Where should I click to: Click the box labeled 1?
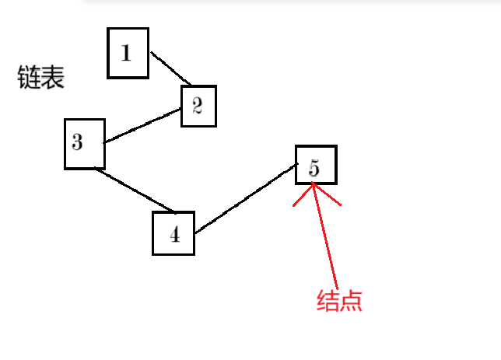[128, 53]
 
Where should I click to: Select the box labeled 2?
[198, 106]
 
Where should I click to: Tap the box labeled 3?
[84, 143]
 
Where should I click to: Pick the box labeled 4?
[173, 232]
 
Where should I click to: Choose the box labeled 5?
[316, 165]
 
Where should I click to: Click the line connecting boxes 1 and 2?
[170, 68]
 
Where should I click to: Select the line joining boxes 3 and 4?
[133, 189]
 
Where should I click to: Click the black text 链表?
[40, 78]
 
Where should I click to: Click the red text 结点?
[340, 301]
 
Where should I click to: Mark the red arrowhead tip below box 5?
[313, 185]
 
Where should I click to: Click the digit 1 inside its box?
[126, 53]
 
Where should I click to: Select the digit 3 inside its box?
[77, 142]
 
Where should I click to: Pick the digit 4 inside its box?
[174, 235]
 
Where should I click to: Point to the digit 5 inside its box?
[314, 167]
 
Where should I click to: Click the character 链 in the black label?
[29, 78]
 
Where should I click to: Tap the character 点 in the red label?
[352, 301]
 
